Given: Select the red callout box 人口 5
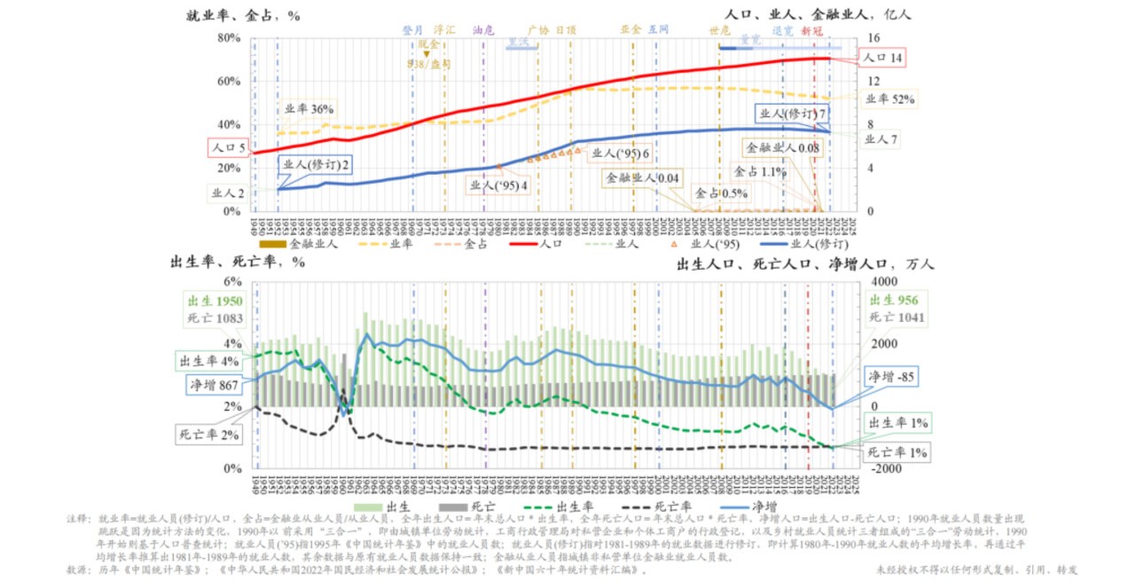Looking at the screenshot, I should tap(228, 146).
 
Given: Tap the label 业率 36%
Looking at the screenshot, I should tap(309, 109).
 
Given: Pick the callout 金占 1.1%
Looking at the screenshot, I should tap(761, 172).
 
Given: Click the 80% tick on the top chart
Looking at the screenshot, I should tap(230, 38).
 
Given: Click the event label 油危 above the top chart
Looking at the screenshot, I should tap(483, 29).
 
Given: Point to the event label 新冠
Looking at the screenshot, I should tap(811, 29).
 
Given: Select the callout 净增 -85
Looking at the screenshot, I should tap(891, 376).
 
